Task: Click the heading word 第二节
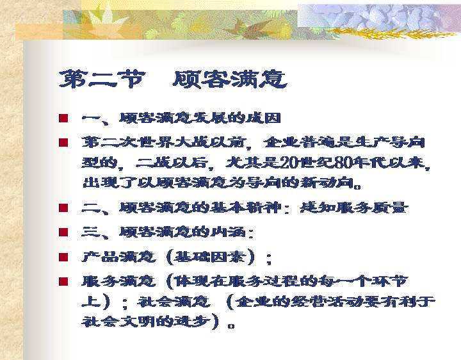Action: [x=102, y=79]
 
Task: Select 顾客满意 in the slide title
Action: [x=230, y=79]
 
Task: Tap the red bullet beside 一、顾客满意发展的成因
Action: [x=63, y=119]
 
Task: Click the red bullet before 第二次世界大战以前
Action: [x=63, y=143]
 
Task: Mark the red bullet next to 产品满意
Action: [x=63, y=257]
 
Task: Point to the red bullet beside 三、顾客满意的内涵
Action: [x=63, y=233]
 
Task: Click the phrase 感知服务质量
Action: [x=354, y=208]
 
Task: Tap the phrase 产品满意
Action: [x=118, y=257]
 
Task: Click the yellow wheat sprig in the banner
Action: [x=391, y=33]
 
